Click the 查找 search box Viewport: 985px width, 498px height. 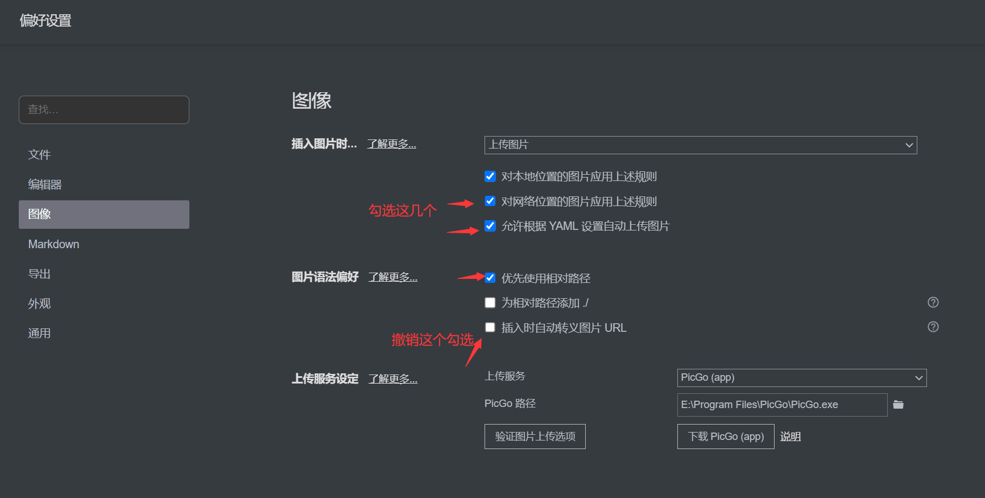pos(104,110)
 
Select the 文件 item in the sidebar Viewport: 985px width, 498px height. pos(40,155)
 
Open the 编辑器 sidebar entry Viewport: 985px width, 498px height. pos(45,184)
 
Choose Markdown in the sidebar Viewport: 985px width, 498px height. pos(54,244)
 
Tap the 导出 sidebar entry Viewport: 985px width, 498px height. pos(40,274)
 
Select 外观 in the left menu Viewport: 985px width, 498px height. pos(40,304)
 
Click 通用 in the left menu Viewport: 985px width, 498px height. pos(40,334)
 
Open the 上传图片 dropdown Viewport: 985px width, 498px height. pos(700,145)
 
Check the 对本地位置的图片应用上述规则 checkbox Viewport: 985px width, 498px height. pos(490,176)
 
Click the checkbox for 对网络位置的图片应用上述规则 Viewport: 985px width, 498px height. pos(490,201)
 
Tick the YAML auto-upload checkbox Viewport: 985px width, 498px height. pos(490,226)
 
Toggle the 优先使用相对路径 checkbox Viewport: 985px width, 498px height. pos(490,278)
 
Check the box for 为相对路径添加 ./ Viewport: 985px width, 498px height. pos(490,303)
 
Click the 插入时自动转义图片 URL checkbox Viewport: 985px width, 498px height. pos(490,327)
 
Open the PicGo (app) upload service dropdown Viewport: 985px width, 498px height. pos(801,378)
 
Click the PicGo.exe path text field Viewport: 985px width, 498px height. pos(782,405)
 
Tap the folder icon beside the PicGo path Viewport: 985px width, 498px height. pos(899,405)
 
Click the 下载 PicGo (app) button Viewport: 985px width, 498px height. pos(726,437)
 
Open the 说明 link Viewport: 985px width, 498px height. pos(791,437)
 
